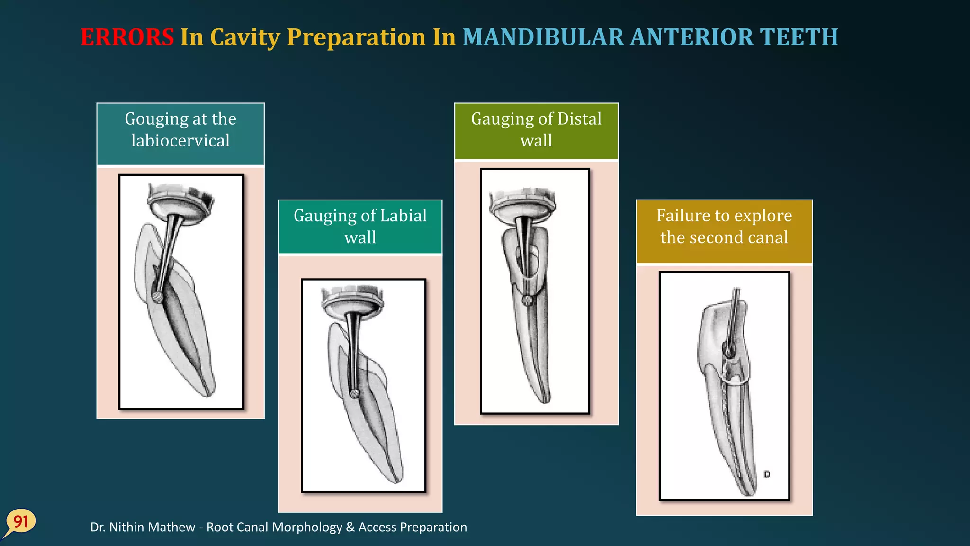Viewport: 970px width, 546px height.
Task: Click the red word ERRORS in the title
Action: [127, 37]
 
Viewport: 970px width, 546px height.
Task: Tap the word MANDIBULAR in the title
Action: [543, 37]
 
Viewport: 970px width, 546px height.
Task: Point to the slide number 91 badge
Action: [21, 522]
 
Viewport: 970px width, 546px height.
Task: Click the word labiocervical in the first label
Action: [180, 141]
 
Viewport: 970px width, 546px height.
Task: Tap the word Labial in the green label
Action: [403, 216]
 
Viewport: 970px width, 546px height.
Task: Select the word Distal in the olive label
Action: [579, 118]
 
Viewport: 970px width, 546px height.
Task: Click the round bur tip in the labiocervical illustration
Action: [157, 297]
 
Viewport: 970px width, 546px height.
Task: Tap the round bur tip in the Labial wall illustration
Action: [354, 393]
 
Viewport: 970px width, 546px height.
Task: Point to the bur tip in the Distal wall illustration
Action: [527, 300]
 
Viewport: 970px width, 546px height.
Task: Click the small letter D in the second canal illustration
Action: [767, 474]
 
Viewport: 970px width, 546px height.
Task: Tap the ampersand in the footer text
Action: [350, 528]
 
